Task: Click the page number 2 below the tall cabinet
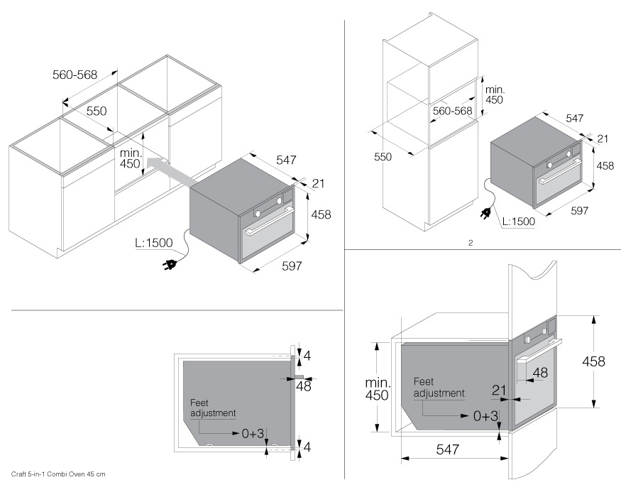click(x=470, y=243)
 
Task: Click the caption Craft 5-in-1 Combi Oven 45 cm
click(x=58, y=474)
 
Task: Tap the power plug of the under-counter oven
click(x=171, y=266)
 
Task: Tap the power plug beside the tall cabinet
click(x=490, y=212)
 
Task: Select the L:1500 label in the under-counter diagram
click(x=153, y=243)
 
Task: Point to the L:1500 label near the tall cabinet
click(x=518, y=222)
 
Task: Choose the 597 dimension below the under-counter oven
click(x=292, y=266)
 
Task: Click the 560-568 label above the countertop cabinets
click(x=75, y=74)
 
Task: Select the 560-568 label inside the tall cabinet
click(x=453, y=111)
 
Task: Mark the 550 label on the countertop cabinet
click(x=97, y=111)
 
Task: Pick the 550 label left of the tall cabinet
click(x=383, y=157)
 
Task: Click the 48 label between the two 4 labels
click(x=304, y=386)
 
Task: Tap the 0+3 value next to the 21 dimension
click(x=486, y=416)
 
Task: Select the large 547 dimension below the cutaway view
click(x=448, y=449)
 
